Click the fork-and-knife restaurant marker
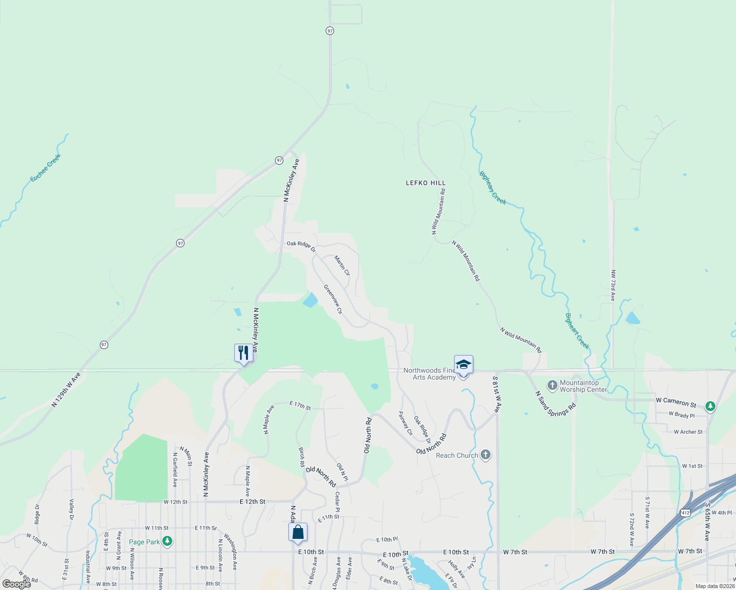244,353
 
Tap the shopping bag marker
298,532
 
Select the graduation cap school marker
463,365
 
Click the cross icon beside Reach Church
486,455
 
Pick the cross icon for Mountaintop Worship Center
552,385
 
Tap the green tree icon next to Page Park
168,541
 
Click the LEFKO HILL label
426,183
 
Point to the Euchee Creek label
45,168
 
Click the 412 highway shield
686,512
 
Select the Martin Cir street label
342,265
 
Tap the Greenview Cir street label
333,298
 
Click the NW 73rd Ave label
613,285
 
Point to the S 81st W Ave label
497,394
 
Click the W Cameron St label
676,402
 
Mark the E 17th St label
300,406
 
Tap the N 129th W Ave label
66,390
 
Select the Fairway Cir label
406,423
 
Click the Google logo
17,584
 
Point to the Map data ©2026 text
715,586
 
